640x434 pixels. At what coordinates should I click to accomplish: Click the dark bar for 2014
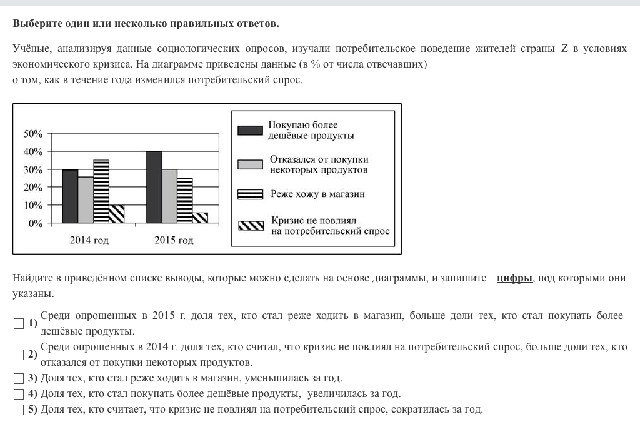pos(70,196)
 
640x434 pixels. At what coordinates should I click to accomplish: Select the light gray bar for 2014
pos(86,200)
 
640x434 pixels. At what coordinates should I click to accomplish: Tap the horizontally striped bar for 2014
pos(101,191)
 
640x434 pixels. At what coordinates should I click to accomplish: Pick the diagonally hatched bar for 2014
pos(116,214)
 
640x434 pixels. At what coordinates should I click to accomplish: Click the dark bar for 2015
pos(154,187)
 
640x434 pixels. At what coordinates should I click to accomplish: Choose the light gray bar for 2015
pos(169,196)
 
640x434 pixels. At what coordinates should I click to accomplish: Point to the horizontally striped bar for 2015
pos(185,201)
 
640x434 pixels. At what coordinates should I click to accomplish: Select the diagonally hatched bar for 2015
pos(200,218)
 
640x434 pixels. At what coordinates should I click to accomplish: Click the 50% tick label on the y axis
pos(33,134)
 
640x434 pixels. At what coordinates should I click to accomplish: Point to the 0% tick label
pos(36,223)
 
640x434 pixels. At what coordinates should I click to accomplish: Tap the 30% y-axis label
pos(33,170)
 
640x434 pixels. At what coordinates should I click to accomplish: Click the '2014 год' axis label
pos(89,240)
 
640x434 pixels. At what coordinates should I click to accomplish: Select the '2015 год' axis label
pos(174,240)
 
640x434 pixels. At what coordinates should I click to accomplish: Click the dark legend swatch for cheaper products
pos(250,130)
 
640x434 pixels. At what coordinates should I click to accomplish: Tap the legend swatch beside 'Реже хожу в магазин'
pos(250,194)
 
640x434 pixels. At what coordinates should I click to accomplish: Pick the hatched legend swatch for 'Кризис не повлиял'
pos(250,226)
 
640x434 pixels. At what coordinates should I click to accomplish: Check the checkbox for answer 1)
pos(18,323)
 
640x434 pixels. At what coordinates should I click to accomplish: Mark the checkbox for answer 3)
pos(18,378)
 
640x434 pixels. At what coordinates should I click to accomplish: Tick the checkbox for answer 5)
pos(18,410)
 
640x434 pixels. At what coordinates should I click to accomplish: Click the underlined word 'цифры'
pos(514,278)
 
